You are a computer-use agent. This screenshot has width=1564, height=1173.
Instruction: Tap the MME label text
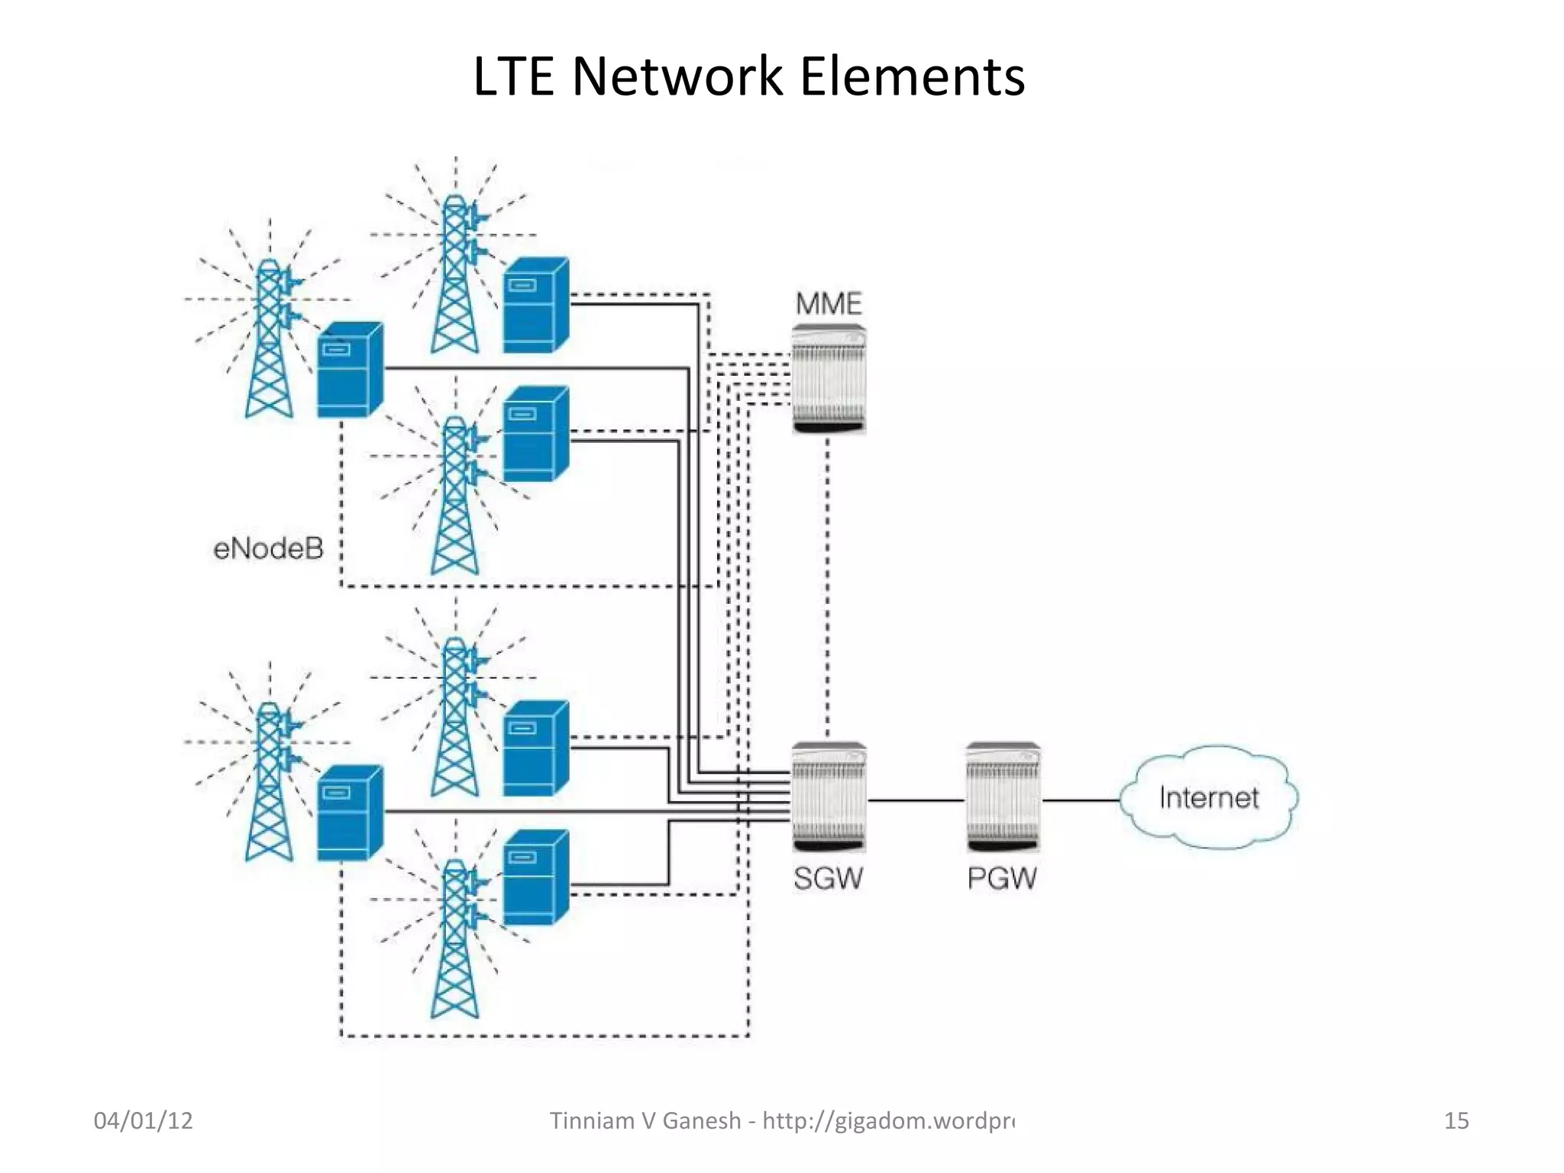(829, 304)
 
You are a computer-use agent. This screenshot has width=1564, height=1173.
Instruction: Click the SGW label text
(828, 878)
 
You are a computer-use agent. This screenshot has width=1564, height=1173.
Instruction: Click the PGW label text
(1002, 878)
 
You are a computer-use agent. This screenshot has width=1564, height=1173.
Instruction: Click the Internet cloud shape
(1208, 797)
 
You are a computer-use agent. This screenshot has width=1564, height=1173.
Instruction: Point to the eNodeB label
(268, 548)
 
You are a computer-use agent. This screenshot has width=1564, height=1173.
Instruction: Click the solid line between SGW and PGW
(916, 800)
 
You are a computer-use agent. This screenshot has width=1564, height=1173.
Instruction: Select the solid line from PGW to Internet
(1081, 800)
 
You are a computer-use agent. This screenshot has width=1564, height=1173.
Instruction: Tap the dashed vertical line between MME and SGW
(828, 588)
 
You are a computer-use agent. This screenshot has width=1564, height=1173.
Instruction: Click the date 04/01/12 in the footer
(143, 1120)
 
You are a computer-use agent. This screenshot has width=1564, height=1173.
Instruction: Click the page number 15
(1456, 1120)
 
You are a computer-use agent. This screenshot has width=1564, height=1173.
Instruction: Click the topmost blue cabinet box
(535, 305)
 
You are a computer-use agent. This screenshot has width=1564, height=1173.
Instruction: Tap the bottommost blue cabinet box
(535, 878)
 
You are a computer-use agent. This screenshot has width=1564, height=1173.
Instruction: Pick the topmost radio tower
(455, 275)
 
